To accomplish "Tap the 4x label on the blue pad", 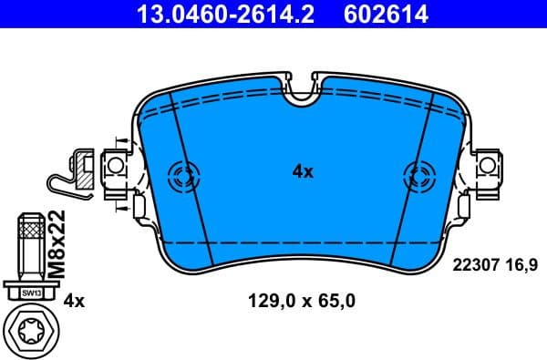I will pos(302,171).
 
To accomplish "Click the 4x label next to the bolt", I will pos(75,300).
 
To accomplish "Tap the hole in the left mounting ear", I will pos(116,167).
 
